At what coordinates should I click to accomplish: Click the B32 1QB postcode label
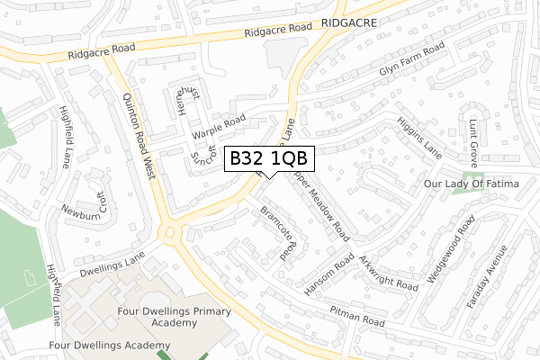tap(268, 157)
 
